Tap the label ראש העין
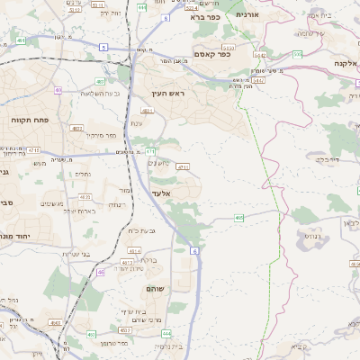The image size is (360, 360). coord(168,94)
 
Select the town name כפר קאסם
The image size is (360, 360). coord(212,53)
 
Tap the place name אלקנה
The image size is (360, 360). coord(346,63)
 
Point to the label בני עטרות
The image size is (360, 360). coord(77,255)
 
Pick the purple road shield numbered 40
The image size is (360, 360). coord(58,90)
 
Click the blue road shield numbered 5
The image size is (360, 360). coord(103,46)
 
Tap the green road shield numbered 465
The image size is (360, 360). coord(238,217)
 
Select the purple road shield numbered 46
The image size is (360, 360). coord(100,271)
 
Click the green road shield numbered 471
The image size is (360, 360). coord(151,150)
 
